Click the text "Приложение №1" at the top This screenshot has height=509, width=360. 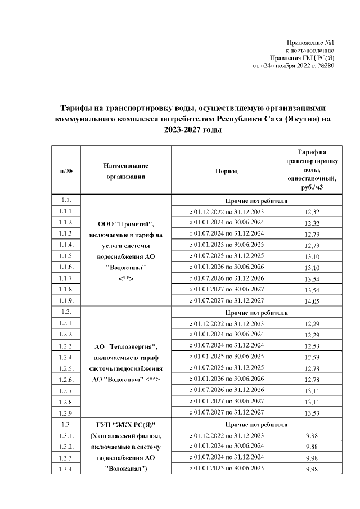click(x=310, y=43)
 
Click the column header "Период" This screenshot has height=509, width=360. click(x=226, y=171)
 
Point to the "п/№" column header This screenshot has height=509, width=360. click(x=66, y=171)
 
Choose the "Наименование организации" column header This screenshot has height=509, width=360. click(x=125, y=171)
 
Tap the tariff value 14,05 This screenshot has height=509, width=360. click(x=311, y=301)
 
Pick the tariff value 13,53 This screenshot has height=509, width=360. click(x=311, y=413)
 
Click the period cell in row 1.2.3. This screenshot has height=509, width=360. click(x=226, y=345)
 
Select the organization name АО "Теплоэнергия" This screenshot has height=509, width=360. click(x=125, y=346)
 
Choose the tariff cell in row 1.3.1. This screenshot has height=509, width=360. click(x=311, y=435)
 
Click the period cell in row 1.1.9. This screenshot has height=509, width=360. click(x=226, y=301)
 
